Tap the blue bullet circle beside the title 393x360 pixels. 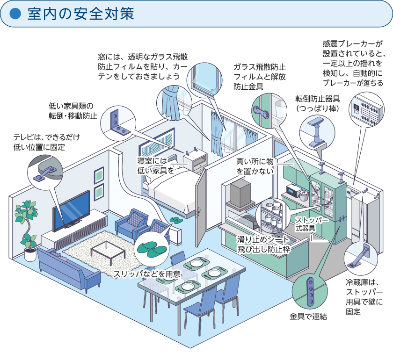point(16,14)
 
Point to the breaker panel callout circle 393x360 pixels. point(366,109)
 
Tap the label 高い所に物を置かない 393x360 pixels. point(257,166)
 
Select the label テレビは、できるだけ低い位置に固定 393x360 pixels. point(47,142)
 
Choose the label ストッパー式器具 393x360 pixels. point(312,224)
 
